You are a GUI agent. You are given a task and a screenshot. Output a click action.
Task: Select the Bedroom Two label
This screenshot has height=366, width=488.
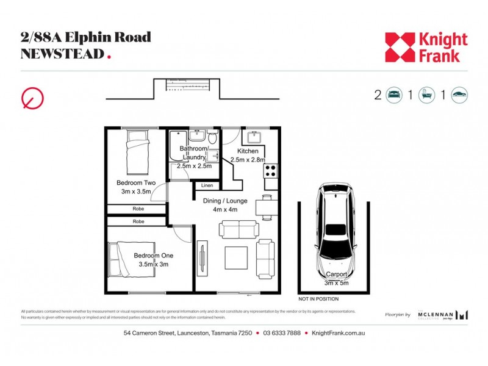coord(136,182)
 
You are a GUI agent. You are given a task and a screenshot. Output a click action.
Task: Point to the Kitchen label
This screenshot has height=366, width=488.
coord(248,151)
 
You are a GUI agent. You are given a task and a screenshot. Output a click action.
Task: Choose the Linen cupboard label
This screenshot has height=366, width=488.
coord(207,185)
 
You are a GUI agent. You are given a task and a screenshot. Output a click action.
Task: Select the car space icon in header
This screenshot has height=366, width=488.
coord(459,95)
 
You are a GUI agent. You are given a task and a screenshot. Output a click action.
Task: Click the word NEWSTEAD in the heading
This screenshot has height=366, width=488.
coord(62,54)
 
